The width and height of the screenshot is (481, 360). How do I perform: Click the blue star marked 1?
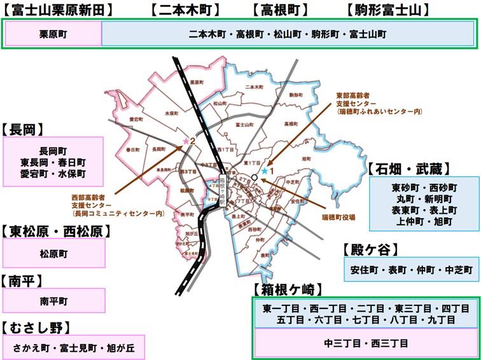point(264,170)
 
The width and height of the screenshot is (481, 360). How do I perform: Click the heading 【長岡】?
point(23,129)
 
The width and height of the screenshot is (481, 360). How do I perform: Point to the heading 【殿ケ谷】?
point(370,248)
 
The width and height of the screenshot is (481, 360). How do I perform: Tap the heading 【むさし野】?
point(37,328)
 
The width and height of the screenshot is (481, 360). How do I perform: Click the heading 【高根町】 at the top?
point(280,10)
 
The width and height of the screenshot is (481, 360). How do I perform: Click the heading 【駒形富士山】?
point(387,10)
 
